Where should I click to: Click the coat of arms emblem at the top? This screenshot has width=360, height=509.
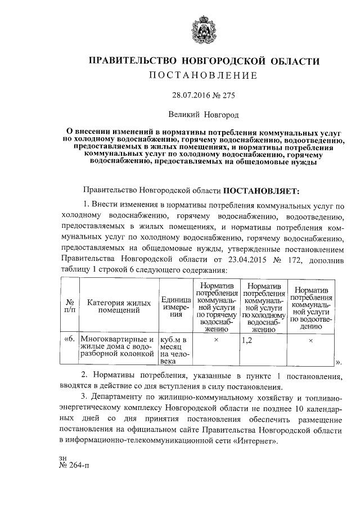(198, 28)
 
